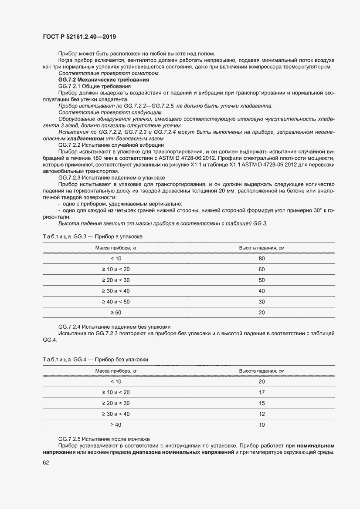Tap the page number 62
click(46, 462)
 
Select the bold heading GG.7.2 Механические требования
click(103, 80)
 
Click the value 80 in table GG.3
click(262, 258)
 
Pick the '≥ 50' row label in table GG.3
click(115, 312)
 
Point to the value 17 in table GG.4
click(262, 392)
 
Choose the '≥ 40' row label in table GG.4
click(115, 425)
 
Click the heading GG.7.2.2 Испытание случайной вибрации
click(111, 145)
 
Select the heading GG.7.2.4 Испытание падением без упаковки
click(114, 327)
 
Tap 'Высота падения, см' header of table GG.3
click(262, 247)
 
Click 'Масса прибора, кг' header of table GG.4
click(115, 371)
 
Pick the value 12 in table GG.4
click(262, 414)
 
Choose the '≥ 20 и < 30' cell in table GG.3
click(115, 280)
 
